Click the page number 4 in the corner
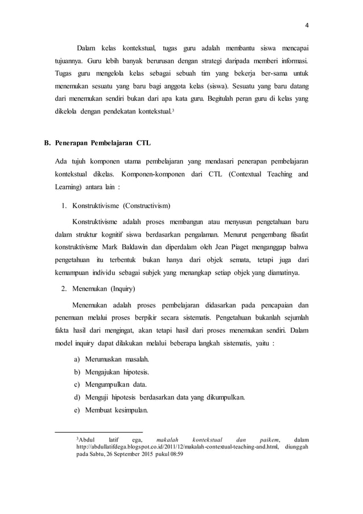click(x=307, y=25)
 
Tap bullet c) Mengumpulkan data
click(x=108, y=385)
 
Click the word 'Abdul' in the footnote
click(x=88, y=439)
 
